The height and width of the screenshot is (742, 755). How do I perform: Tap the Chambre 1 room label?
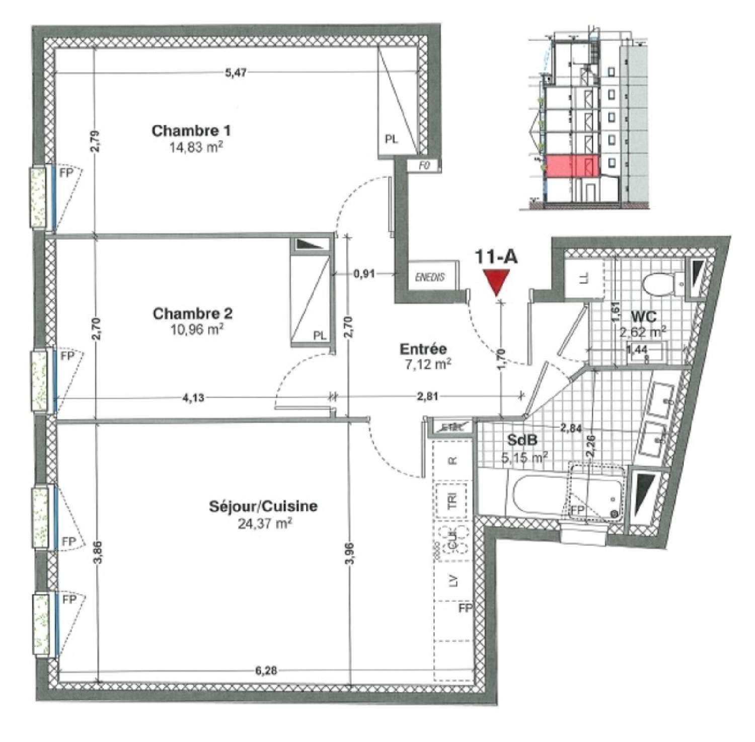pos(191,131)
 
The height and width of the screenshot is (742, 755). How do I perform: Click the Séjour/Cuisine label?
pos(263,506)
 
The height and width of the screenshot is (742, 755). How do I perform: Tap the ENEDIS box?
pos(430,277)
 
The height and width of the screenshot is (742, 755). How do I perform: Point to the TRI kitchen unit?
pos(452,500)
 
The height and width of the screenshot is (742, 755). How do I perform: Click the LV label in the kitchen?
pos(453,581)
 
